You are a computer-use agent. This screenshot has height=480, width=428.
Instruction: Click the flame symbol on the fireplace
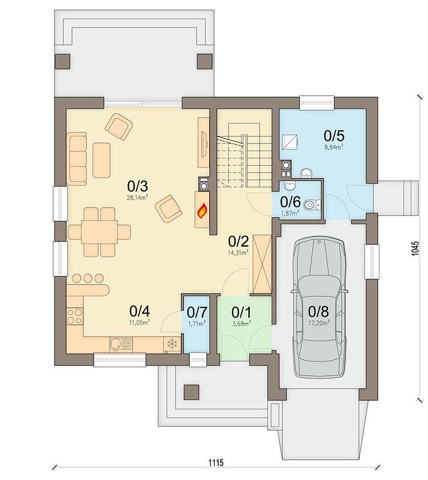coord(203,211)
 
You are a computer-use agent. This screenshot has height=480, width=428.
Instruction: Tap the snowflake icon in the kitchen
coord(173,343)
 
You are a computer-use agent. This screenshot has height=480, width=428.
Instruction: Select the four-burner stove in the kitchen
coord(75,316)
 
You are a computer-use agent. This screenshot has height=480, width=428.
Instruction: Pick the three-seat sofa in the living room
coord(77,158)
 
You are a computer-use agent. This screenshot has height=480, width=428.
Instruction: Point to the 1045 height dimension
coord(414,248)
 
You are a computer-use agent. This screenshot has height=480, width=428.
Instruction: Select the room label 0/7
coord(197,312)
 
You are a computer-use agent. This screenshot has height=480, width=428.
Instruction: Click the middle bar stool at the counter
coord(88,278)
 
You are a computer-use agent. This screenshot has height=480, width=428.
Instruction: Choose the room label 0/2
coord(239,242)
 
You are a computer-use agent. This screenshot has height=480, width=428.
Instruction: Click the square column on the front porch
coord(191,392)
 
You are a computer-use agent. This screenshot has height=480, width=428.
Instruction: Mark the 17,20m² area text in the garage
coord(319,322)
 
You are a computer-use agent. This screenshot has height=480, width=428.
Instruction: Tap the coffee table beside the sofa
coord(101,160)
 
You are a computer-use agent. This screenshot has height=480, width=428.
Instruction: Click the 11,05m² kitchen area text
coord(140,322)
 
